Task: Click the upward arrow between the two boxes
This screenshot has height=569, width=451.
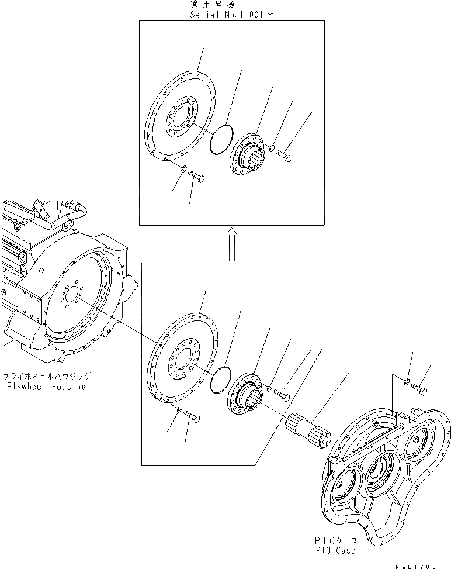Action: coord(231,244)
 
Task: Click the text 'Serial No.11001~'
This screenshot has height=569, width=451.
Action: coord(231,14)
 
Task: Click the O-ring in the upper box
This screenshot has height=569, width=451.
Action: coord(223,140)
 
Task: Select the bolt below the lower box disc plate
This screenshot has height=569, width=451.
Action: coord(193,416)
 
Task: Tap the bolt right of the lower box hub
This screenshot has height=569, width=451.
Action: coord(282,396)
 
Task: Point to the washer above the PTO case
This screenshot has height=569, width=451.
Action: coord(407,382)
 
